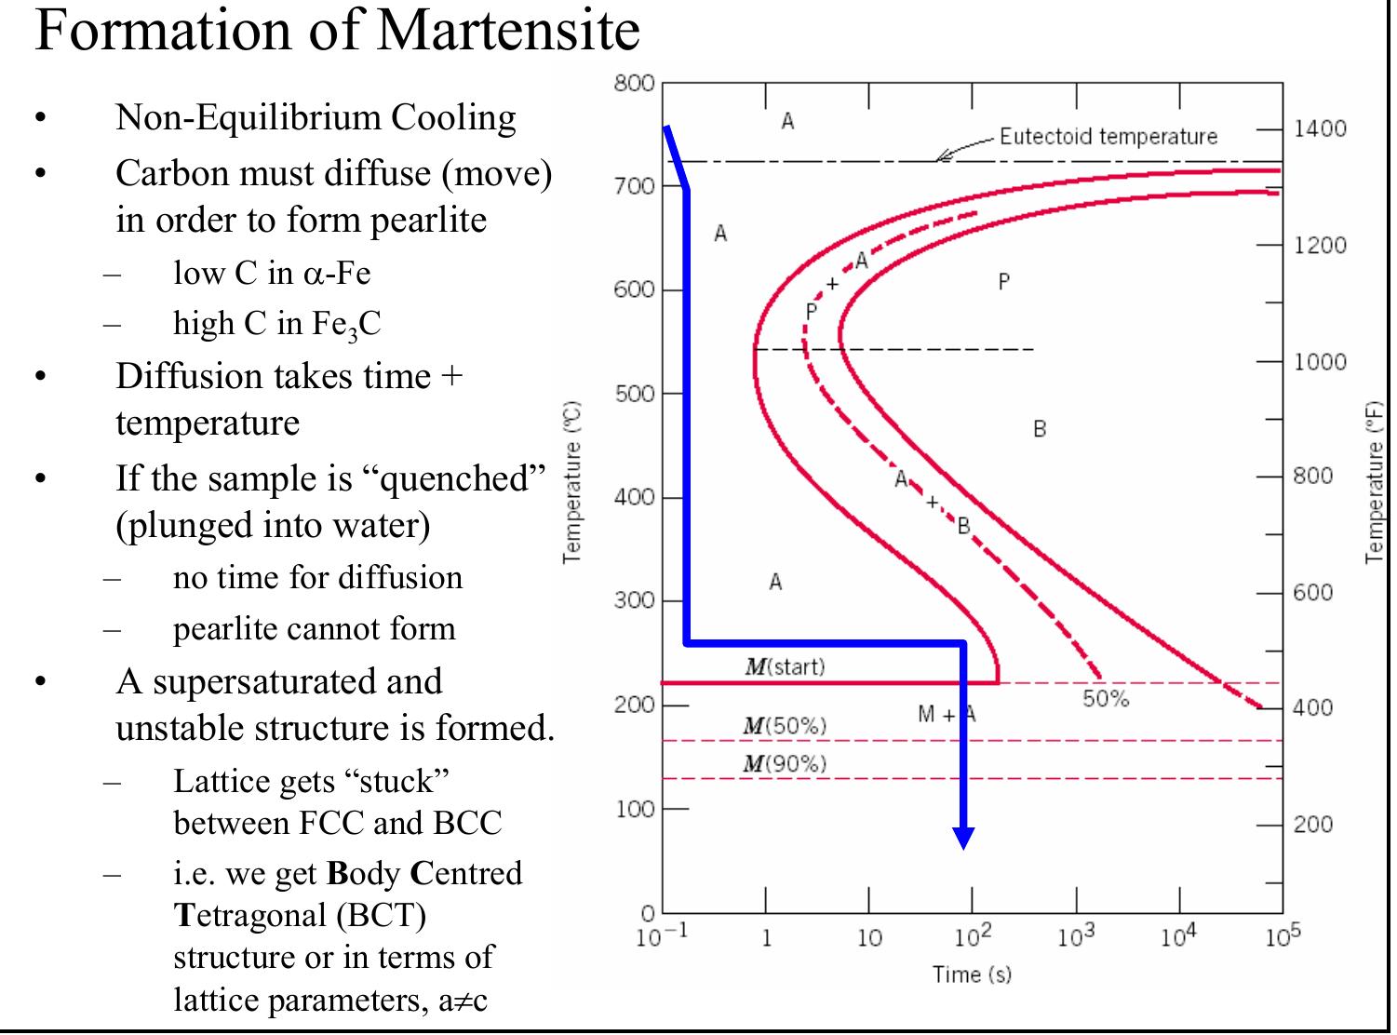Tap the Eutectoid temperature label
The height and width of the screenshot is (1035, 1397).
(x=1108, y=137)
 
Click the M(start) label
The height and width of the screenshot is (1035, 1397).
(x=785, y=666)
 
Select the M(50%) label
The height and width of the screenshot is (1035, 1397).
(x=785, y=726)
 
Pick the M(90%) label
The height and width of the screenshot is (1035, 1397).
(x=785, y=764)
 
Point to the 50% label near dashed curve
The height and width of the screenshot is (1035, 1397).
(x=1105, y=699)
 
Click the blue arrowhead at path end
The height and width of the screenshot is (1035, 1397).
(x=964, y=837)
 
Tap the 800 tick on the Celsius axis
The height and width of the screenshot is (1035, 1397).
(x=634, y=83)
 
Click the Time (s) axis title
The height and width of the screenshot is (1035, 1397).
(x=972, y=975)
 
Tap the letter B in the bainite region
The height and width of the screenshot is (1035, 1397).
(x=1040, y=429)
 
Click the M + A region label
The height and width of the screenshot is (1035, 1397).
(x=947, y=715)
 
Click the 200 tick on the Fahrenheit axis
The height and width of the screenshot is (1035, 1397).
(x=1312, y=824)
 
